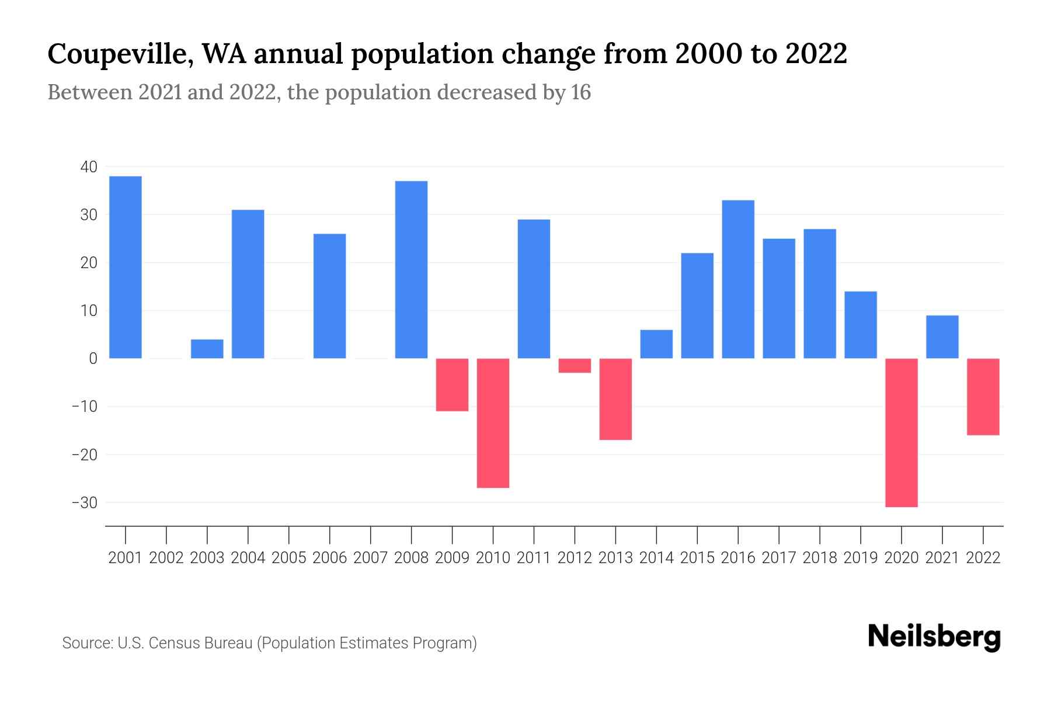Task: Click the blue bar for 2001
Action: [x=126, y=267]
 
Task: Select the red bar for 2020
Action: [x=902, y=432]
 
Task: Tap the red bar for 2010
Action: [x=493, y=423]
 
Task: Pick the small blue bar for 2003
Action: [x=207, y=349]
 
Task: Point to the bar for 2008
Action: [x=412, y=269]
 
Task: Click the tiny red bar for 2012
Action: [x=575, y=366]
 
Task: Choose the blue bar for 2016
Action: [x=738, y=279]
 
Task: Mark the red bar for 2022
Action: [x=983, y=397]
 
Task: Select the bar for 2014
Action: [x=656, y=344]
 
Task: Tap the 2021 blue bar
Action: [x=942, y=337]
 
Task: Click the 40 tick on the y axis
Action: [x=89, y=167]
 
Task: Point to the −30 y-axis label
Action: [x=85, y=502]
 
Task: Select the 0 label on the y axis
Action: [x=93, y=359]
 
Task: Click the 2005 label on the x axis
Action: [x=289, y=558]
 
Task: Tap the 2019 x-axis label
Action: [x=861, y=558]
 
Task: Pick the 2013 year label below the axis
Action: [x=615, y=558]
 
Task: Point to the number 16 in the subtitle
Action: [x=581, y=92]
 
